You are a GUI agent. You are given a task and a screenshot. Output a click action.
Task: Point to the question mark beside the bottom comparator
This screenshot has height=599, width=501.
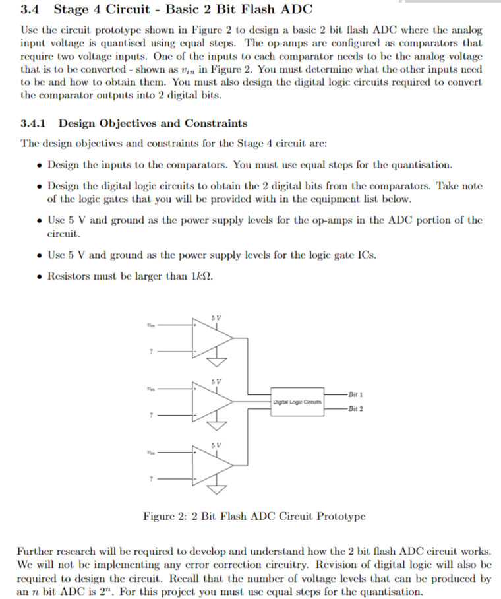152,479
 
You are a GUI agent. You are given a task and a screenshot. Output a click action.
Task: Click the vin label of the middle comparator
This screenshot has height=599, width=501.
152,389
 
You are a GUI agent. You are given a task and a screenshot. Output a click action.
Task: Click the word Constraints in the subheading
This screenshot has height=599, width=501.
216,123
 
